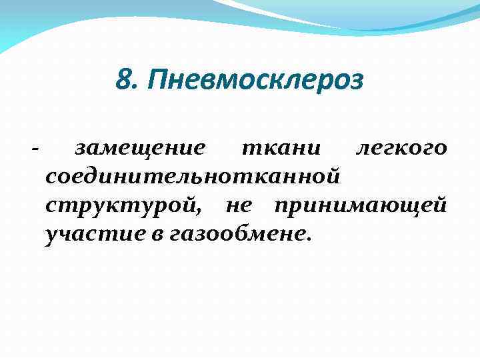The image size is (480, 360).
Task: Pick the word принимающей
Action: [x=361, y=207]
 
